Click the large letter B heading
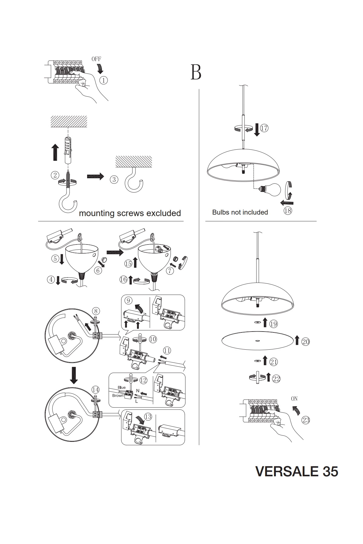click(x=196, y=72)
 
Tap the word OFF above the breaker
click(x=96, y=59)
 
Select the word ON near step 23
click(x=294, y=399)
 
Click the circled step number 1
click(x=103, y=80)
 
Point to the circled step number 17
click(x=264, y=128)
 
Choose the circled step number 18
click(x=288, y=211)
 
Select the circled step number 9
click(x=128, y=300)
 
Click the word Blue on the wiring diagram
click(x=122, y=387)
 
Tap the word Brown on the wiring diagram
click(x=118, y=395)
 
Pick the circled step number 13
click(x=148, y=417)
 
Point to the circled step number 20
click(x=306, y=342)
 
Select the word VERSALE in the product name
click(x=283, y=471)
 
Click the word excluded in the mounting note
click(x=163, y=213)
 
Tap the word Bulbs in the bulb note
click(x=221, y=212)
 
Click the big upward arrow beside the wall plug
click(x=55, y=152)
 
